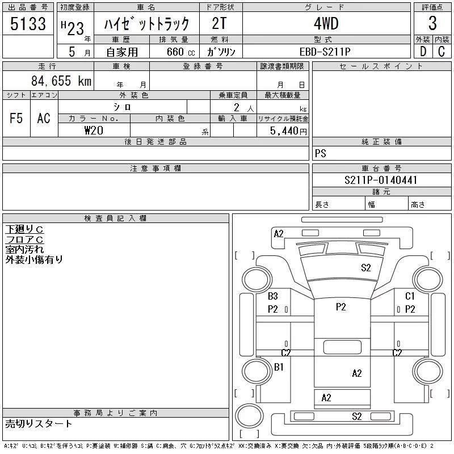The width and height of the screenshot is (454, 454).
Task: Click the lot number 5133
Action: pyautogui.click(x=28, y=24)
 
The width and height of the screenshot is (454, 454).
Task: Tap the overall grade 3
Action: pyautogui.click(x=432, y=23)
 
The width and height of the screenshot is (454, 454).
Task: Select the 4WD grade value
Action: pyautogui.click(x=326, y=23)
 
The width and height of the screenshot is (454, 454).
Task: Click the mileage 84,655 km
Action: pyautogui.click(x=61, y=81)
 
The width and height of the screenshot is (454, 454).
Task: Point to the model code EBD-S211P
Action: pyautogui.click(x=325, y=52)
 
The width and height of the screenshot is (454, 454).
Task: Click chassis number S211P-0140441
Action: pyautogui.click(x=381, y=180)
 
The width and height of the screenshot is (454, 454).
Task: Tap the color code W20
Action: pyautogui.click(x=94, y=131)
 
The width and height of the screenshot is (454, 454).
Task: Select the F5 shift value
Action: pyautogui.click(x=16, y=118)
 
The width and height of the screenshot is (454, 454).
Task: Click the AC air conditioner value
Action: pyautogui.click(x=44, y=118)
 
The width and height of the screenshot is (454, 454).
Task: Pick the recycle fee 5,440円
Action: pyautogui.click(x=288, y=131)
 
